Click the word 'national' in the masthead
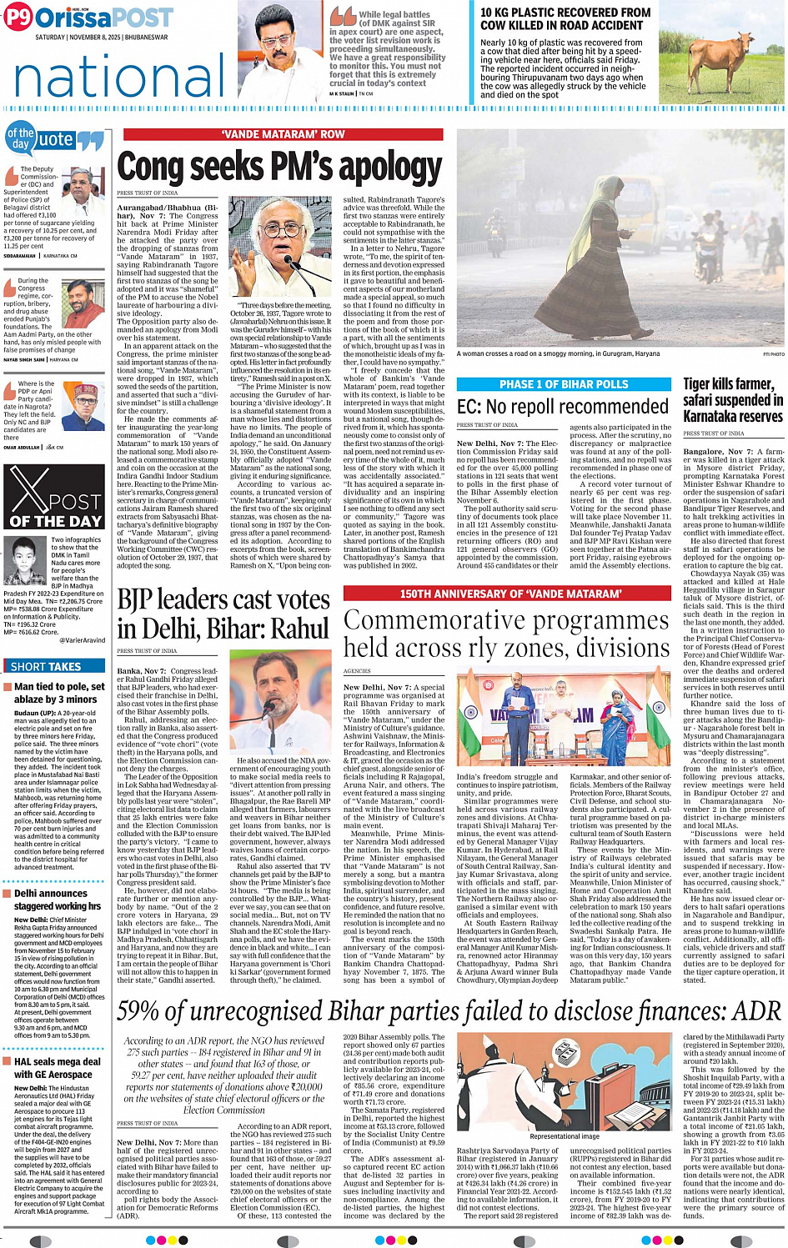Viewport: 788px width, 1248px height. click(x=119, y=78)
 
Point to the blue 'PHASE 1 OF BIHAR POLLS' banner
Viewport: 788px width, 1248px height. click(x=563, y=384)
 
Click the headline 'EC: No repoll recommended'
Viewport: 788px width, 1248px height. click(x=563, y=407)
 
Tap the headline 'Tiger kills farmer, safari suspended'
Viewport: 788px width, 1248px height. click(x=732, y=399)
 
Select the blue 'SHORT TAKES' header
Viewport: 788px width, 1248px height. click(x=46, y=666)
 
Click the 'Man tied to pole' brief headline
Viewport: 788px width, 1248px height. click(x=58, y=693)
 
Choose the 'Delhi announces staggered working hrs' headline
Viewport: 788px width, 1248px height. click(x=57, y=900)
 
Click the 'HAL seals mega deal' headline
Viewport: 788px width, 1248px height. click(x=57, y=1068)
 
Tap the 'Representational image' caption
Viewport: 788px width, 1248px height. click(x=564, y=1136)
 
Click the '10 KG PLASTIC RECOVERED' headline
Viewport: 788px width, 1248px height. click(x=565, y=18)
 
